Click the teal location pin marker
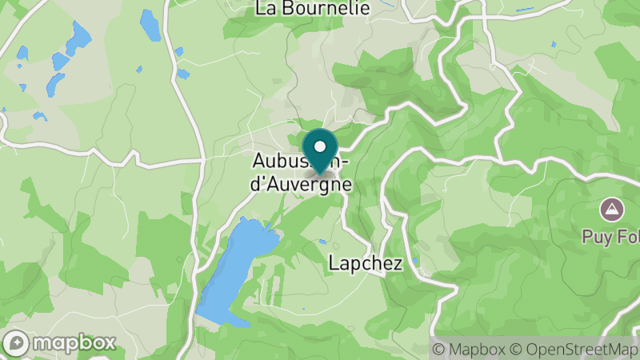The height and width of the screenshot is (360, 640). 320,152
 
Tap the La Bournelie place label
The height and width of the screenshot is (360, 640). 313,9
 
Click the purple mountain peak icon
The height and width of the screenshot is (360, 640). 612,210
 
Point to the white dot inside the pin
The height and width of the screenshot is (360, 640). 320,146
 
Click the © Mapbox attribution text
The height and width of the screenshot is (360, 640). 471,350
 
